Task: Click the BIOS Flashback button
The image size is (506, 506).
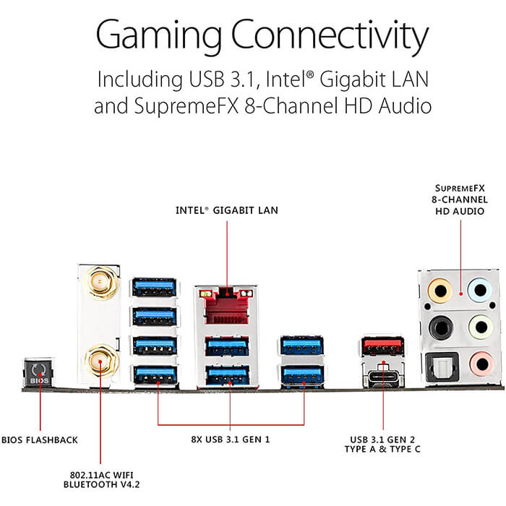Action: click(39, 372)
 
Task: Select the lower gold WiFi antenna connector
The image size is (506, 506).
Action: click(100, 362)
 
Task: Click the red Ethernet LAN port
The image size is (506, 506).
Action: click(227, 305)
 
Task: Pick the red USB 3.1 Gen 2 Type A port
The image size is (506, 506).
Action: click(383, 346)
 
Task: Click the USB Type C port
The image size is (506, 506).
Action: click(383, 377)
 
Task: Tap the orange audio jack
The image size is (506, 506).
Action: click(439, 291)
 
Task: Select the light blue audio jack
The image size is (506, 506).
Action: click(480, 290)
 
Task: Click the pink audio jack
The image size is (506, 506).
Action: click(482, 364)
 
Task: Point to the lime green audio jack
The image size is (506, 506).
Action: click(481, 327)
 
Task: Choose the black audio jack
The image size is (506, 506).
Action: click(440, 327)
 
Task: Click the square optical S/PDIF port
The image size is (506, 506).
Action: click(442, 367)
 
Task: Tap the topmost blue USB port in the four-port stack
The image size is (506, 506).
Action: click(155, 287)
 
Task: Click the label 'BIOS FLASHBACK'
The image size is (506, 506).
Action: click(39, 440)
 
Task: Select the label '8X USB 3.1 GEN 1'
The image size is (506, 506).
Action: click(231, 439)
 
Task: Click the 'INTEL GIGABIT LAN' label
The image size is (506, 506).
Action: click(227, 210)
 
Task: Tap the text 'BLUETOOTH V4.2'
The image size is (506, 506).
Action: click(102, 484)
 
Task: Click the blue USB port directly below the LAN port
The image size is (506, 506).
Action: click(227, 346)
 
